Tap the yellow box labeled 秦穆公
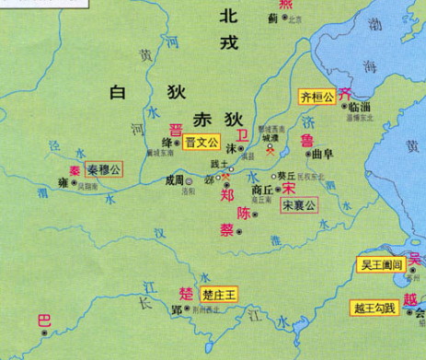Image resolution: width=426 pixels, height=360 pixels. (x=103, y=169)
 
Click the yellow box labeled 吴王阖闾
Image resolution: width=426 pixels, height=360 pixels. (x=380, y=264)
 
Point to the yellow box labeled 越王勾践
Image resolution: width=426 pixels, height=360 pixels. (x=374, y=308)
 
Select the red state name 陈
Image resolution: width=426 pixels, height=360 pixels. (x=244, y=212)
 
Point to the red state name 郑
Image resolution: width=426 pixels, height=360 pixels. (x=227, y=194)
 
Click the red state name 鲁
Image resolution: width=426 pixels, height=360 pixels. (x=306, y=140)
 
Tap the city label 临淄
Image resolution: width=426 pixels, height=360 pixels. (x=360, y=107)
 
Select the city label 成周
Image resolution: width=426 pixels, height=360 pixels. (x=174, y=181)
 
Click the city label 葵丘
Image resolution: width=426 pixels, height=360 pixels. (x=288, y=174)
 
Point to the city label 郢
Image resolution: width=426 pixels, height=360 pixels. (x=176, y=310)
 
